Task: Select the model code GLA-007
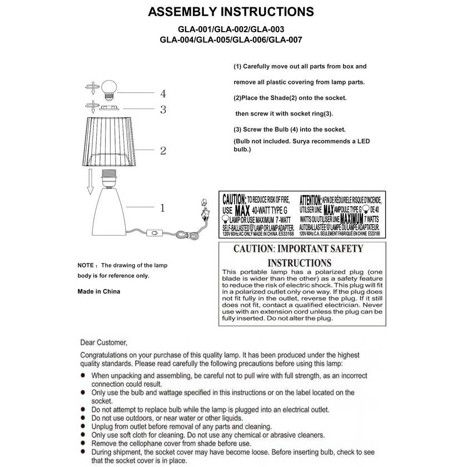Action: click(286, 39)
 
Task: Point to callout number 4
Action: click(163, 93)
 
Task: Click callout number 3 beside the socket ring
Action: click(163, 110)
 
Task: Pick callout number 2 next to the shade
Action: click(163, 151)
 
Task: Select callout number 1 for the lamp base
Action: click(162, 208)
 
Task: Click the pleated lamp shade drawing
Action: click(111, 141)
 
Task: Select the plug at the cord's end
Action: click(203, 210)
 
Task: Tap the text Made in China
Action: click(98, 291)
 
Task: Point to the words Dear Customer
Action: click(104, 342)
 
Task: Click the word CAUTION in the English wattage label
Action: click(233, 199)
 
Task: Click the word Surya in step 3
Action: click(310, 142)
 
